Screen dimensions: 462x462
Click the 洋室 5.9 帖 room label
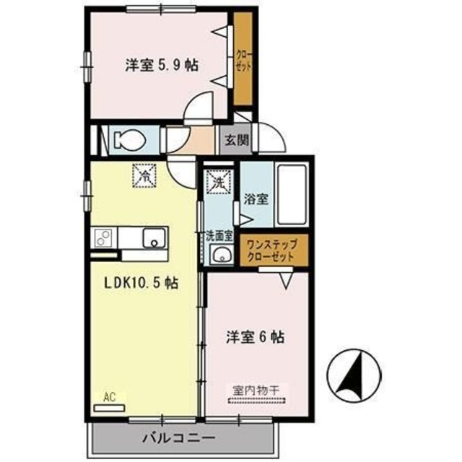pyautogui.click(x=162, y=66)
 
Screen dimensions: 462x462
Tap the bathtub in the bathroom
pyautogui.click(x=292, y=194)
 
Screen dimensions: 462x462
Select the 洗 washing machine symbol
pyautogui.click(x=218, y=182)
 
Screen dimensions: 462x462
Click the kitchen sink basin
pyautogui.click(x=154, y=237)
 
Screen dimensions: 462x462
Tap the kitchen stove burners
pyautogui.click(x=103, y=237)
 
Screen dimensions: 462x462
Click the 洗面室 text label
pyautogui.click(x=218, y=235)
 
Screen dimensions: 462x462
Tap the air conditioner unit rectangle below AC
pyautogui.click(x=109, y=406)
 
